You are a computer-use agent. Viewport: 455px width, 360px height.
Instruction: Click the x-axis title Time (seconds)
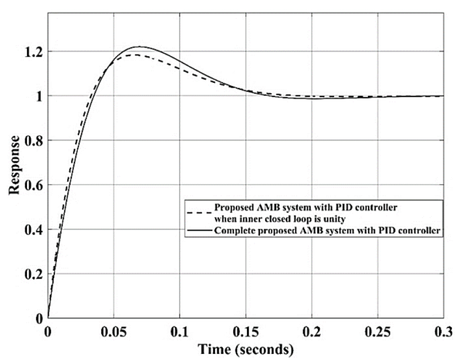[x=244, y=350]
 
